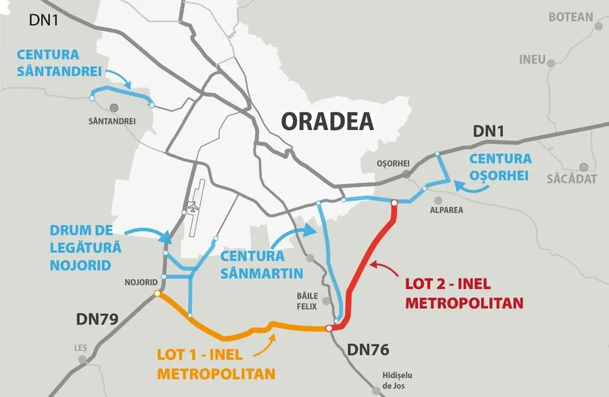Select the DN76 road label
(368, 351)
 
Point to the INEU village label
(532, 59)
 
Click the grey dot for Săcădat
(584, 166)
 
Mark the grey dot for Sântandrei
(113, 109)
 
